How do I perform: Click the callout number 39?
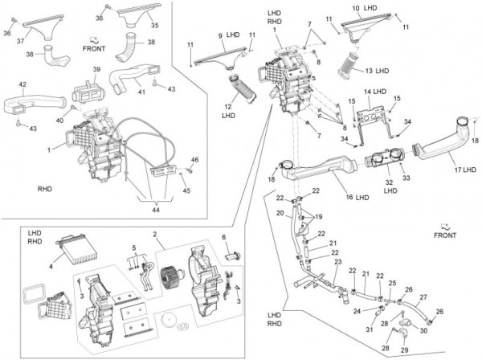(x=96, y=69)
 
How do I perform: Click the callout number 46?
(x=194, y=159)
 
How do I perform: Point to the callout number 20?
(x=280, y=214)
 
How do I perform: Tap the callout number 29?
(x=404, y=351)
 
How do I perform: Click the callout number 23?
(x=338, y=261)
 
